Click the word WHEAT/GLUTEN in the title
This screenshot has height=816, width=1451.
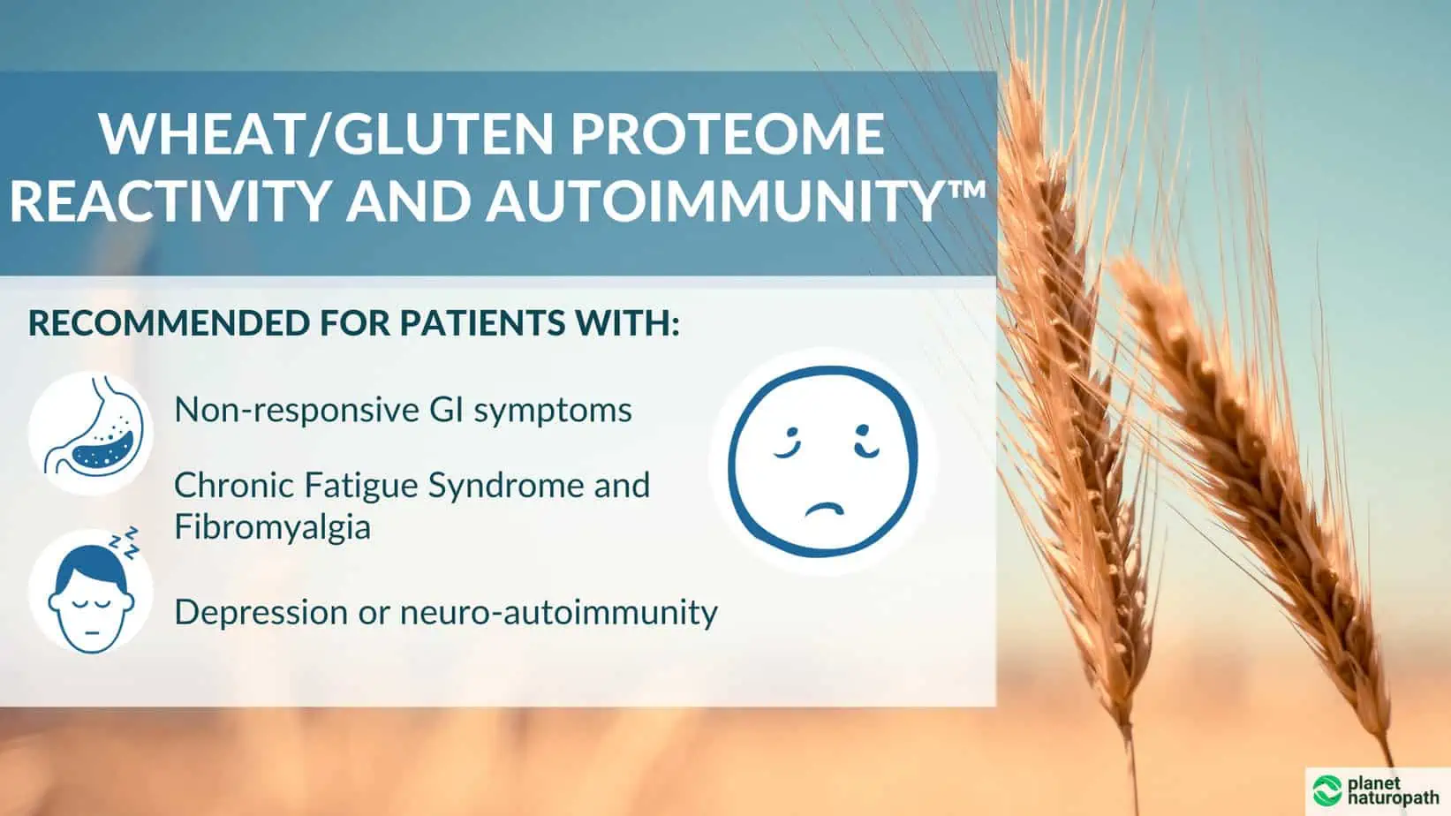(x=327, y=134)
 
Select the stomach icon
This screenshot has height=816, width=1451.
(x=91, y=432)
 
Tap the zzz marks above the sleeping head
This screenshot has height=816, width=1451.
(x=128, y=541)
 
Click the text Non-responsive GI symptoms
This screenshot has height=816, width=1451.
(x=403, y=410)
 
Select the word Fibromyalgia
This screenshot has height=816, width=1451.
(x=272, y=527)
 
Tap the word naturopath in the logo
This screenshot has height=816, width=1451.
(x=1393, y=797)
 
